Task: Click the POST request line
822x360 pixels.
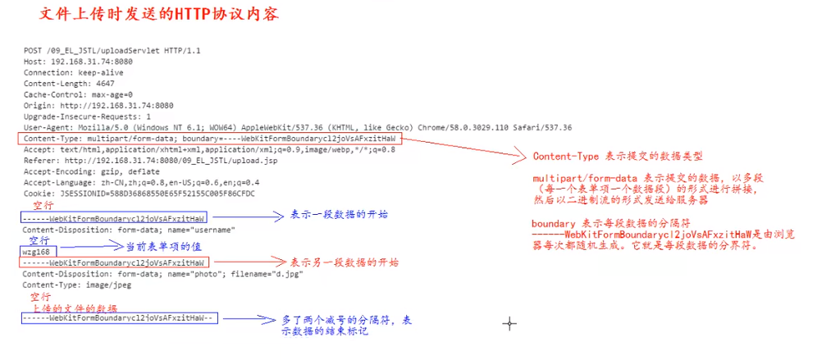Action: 112,50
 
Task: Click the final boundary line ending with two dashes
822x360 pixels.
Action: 120,318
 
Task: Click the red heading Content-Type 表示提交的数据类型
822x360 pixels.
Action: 618,156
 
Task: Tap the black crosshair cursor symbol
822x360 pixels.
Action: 509,324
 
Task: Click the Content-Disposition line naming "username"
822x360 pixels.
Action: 129,230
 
